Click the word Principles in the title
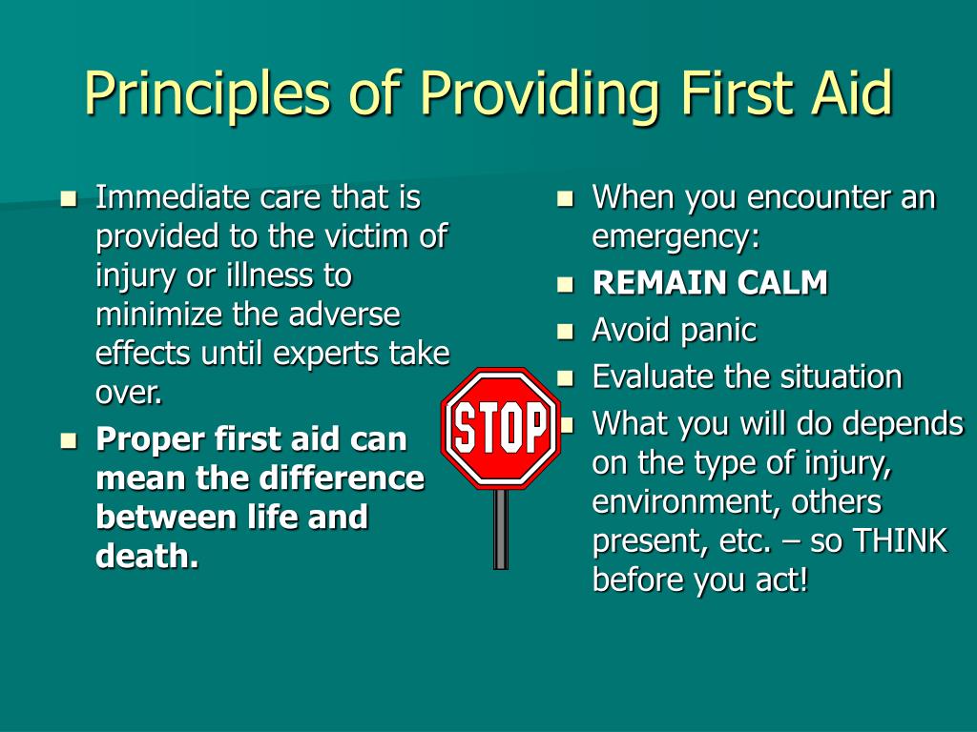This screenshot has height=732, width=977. coord(207,92)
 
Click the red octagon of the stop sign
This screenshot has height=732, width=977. coord(500,428)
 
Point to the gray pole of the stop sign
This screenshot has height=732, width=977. coord(500,529)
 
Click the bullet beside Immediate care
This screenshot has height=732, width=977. coord(69,199)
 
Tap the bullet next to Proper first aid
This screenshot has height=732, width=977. coord(69,441)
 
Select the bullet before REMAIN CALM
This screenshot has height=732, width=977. coord(565,284)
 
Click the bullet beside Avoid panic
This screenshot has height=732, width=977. coord(565,332)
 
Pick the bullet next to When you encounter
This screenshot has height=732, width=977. coord(565,199)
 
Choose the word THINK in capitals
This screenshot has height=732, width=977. coord(900,539)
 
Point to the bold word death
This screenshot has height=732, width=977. coord(147,556)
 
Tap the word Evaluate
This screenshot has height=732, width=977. coord(652,376)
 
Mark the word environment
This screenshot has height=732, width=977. coord(686,501)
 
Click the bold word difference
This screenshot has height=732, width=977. coord(342,478)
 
